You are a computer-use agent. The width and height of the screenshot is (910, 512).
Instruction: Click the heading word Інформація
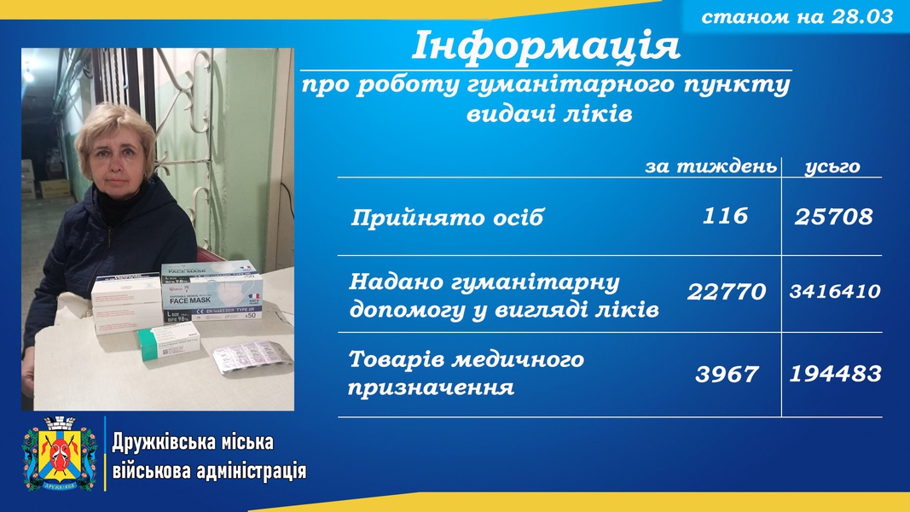tap(546, 46)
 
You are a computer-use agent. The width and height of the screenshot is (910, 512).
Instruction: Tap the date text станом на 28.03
tap(797, 17)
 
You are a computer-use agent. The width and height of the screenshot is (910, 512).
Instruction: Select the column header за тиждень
tap(711, 166)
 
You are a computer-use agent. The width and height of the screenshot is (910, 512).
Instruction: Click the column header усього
tap(832, 167)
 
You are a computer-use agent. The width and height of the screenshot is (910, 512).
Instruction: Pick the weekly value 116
tap(725, 216)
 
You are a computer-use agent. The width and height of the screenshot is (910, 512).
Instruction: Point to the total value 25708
tap(833, 217)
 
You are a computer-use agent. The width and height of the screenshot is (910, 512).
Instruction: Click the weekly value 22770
tap(727, 291)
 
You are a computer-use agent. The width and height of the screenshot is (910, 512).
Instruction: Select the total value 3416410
tap(835, 291)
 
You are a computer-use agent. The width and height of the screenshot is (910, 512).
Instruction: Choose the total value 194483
tap(835, 374)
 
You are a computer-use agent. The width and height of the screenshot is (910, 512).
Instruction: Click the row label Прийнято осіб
tap(447, 218)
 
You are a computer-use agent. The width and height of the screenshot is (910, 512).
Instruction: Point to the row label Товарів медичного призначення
tap(466, 373)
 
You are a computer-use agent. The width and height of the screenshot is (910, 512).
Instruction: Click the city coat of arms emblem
tap(59, 453)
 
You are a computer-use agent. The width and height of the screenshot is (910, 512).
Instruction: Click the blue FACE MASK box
tap(212, 291)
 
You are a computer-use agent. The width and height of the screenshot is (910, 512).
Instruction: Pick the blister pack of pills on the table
tap(252, 357)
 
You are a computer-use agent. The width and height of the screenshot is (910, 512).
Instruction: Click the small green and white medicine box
tap(169, 341)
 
